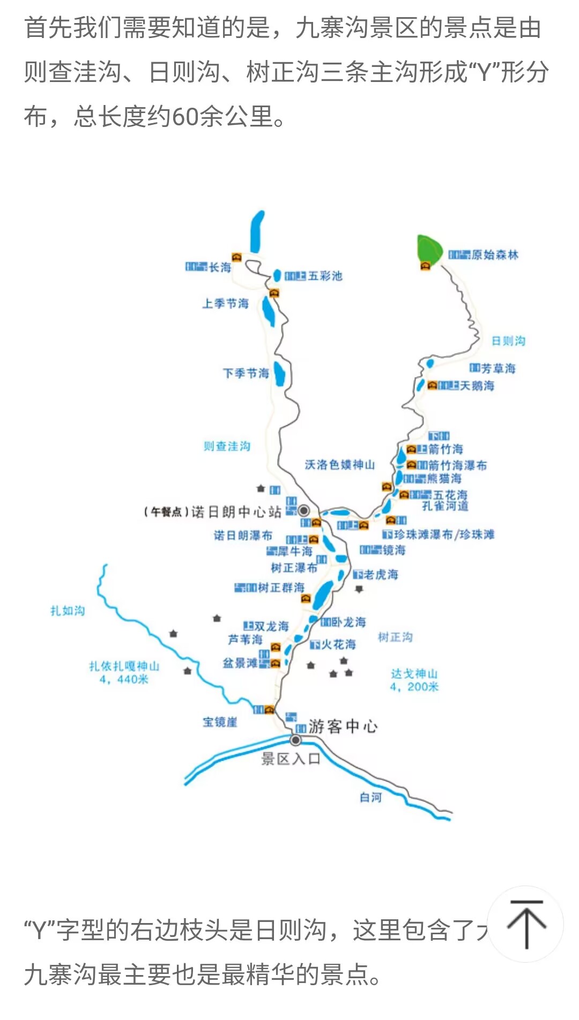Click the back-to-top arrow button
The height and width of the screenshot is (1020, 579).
[526, 924]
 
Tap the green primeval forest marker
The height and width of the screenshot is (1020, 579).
[429, 248]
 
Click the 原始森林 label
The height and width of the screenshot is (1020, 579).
[494, 255]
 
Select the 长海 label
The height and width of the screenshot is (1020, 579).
[220, 267]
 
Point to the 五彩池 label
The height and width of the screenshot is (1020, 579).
[325, 276]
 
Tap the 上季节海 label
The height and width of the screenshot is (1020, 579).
[226, 304]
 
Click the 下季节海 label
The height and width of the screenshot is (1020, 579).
[246, 373]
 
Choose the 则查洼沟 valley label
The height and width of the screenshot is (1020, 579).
[227, 446]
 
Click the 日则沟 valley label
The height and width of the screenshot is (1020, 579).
[508, 341]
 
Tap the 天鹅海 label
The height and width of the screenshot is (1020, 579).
[477, 386]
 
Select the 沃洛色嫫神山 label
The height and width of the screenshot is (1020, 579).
[339, 464]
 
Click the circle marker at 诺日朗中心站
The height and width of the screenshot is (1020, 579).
[304, 510]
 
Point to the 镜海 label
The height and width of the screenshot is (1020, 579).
[394, 550]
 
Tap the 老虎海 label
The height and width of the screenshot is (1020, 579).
[381, 575]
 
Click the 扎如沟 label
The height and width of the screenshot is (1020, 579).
[68, 611]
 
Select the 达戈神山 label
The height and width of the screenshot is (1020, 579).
[414, 674]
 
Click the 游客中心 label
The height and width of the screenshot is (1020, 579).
[343, 726]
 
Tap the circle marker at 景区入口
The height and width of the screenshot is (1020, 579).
[295, 740]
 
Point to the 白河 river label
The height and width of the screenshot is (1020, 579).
[370, 797]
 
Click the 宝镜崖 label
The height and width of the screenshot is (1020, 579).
[220, 722]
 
